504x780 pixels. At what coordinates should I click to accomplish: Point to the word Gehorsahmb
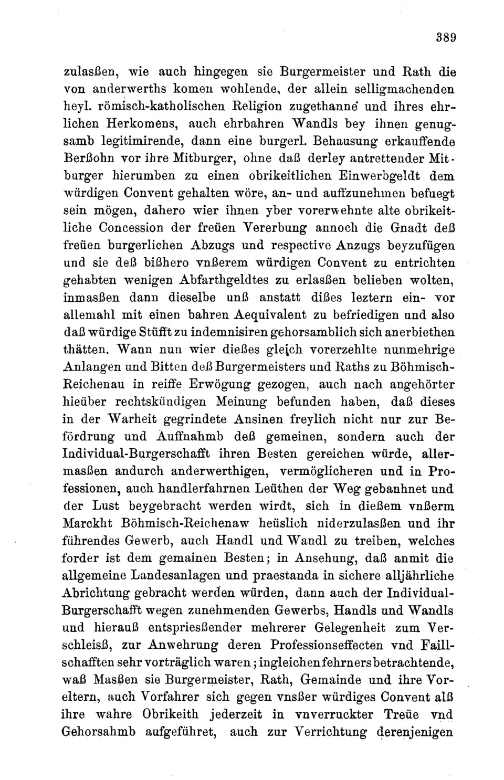click(x=99, y=732)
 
